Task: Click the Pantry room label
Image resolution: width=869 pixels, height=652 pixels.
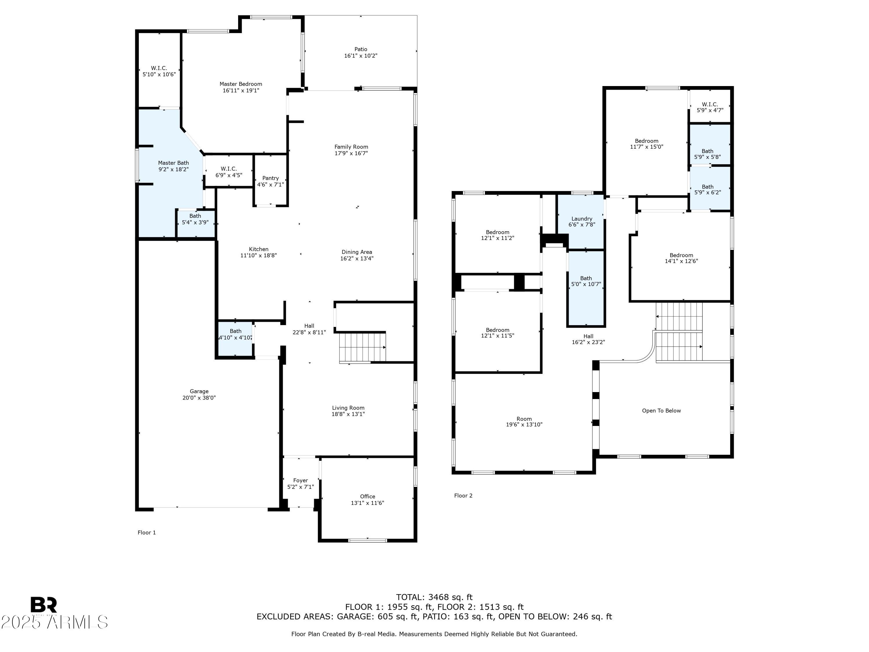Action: (x=271, y=178)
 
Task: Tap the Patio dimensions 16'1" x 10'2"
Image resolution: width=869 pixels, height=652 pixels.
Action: (x=361, y=56)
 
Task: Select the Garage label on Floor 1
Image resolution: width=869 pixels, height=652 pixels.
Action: (x=199, y=391)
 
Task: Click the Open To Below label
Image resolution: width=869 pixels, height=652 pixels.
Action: (x=662, y=411)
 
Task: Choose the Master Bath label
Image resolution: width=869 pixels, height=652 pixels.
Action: (x=174, y=163)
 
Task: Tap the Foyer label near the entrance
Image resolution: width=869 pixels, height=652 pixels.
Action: (x=301, y=480)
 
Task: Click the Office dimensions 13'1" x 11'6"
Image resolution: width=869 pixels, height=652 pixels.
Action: (x=367, y=503)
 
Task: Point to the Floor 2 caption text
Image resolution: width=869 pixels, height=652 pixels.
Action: (x=463, y=496)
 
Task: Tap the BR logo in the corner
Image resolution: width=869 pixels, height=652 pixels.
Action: (x=44, y=605)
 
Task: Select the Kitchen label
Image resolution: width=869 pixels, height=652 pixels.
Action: (x=258, y=249)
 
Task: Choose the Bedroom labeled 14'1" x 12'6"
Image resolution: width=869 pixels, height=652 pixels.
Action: (x=681, y=258)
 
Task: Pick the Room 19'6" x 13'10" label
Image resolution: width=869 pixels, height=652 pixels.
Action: (x=524, y=422)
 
